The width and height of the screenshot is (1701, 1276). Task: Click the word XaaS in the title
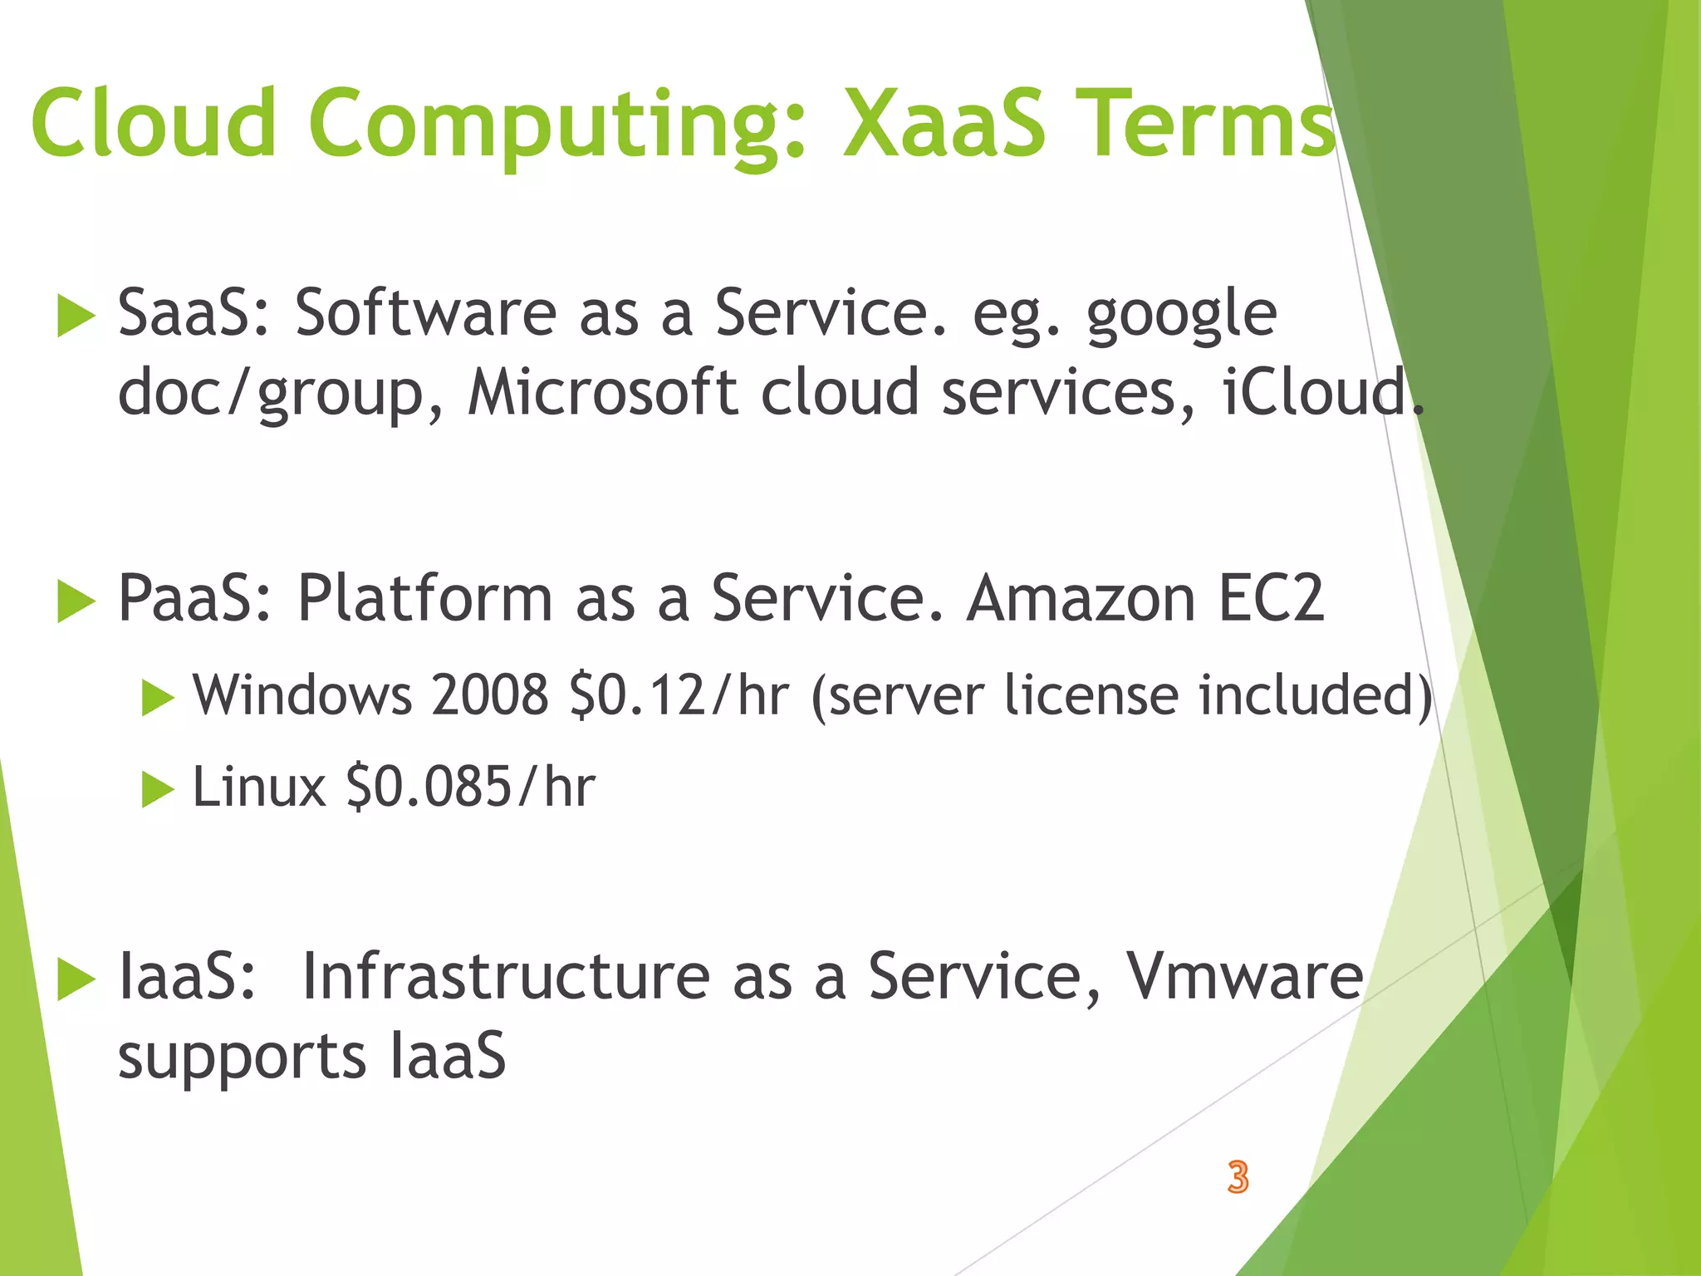click(944, 125)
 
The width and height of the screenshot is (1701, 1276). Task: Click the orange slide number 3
click(1238, 1177)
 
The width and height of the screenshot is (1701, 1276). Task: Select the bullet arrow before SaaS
click(76, 317)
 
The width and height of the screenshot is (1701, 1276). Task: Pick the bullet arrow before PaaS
click(76, 601)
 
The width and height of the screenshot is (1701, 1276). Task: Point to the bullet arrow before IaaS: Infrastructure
click(76, 980)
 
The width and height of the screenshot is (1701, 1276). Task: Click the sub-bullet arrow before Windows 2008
click(157, 698)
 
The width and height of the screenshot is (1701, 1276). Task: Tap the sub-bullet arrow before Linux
click(157, 789)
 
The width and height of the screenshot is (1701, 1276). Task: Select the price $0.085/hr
click(470, 788)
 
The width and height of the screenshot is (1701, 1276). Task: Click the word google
click(1181, 316)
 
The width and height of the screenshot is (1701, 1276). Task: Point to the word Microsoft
click(602, 392)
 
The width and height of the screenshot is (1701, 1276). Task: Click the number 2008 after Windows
click(490, 696)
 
